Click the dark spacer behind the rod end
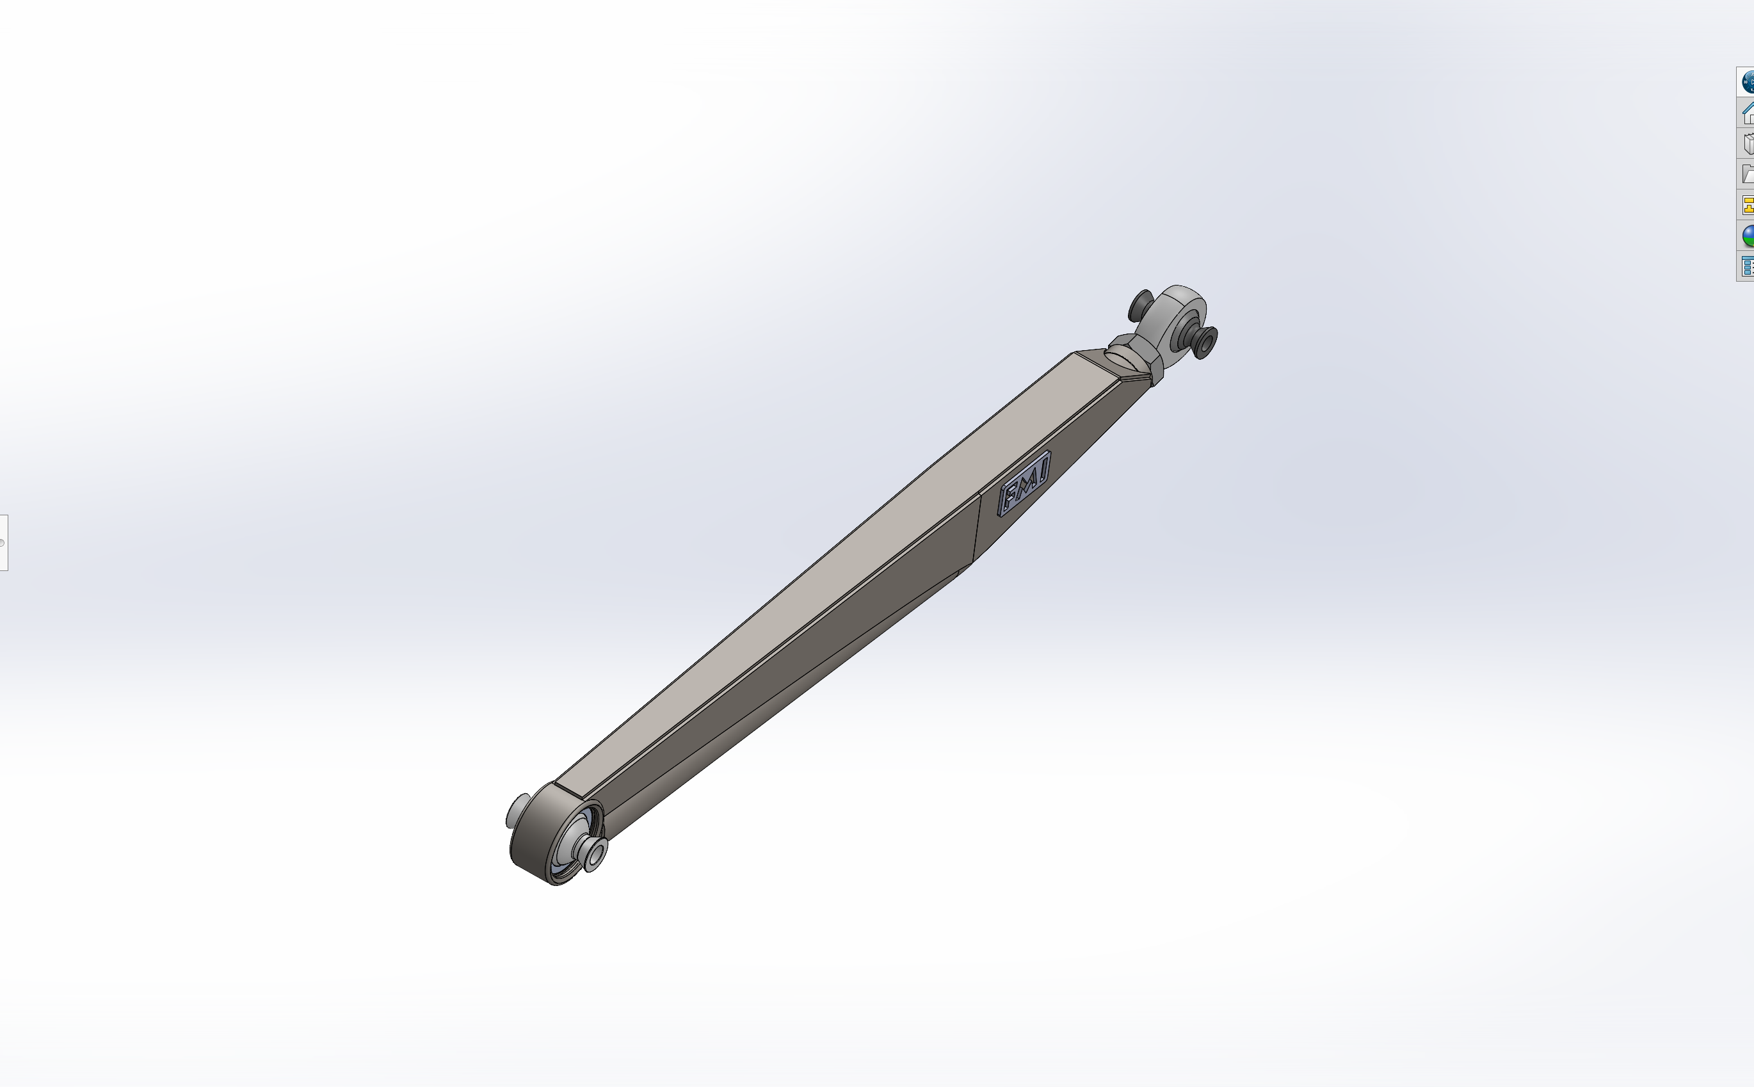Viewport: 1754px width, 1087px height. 1140,305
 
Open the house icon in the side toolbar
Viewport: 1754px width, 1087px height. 1748,113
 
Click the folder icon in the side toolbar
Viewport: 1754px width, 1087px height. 1748,174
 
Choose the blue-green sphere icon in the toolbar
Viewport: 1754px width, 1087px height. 1748,235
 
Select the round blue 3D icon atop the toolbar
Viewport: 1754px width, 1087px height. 1748,82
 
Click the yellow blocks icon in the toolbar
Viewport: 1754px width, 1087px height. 1748,205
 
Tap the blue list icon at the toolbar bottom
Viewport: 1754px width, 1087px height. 1748,266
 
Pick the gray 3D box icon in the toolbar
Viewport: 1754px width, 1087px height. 1748,143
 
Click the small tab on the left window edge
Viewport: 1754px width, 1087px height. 4,542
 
